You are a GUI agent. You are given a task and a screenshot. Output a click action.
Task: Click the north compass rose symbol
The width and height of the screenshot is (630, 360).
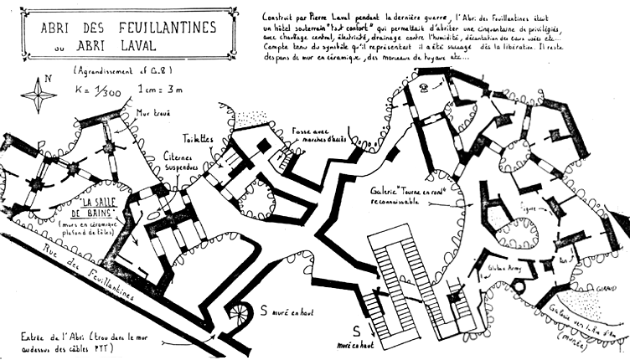[x=41, y=90]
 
